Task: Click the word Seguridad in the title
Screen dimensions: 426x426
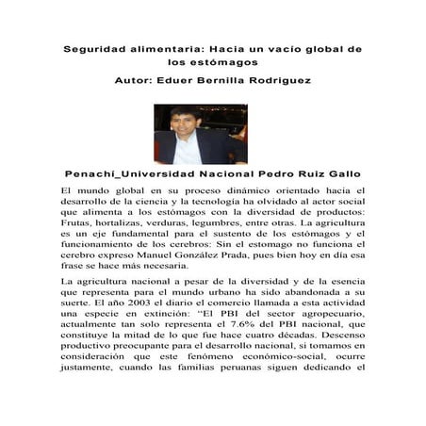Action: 94,48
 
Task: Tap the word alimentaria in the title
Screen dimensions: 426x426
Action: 168,48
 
